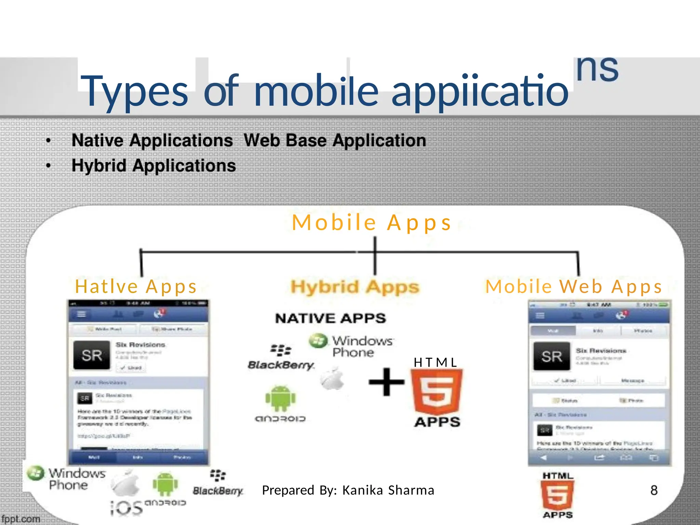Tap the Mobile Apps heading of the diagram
[x=372, y=223]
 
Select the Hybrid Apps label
[x=355, y=287]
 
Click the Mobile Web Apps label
[x=574, y=286]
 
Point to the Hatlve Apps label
[x=136, y=286]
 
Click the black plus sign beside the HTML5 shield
[x=386, y=382]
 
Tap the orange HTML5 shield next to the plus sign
[x=436, y=392]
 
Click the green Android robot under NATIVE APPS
[x=281, y=398]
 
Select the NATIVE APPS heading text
[x=331, y=319]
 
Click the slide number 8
[x=654, y=490]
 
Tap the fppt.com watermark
[x=21, y=519]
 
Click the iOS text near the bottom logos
[x=126, y=508]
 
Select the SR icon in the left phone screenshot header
[x=92, y=355]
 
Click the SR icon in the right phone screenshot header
[x=552, y=356]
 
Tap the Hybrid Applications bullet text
[x=154, y=166]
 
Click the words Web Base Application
[x=335, y=140]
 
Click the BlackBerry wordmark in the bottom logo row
[x=218, y=491]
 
